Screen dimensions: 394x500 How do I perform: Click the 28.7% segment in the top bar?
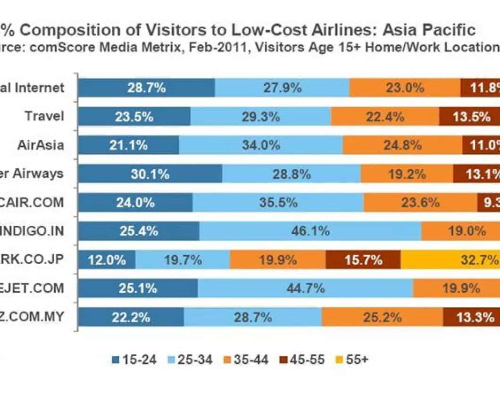[x=146, y=88]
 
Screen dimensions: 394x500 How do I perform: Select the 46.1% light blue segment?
[x=310, y=231]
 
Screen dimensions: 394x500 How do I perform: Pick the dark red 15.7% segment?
[x=363, y=260]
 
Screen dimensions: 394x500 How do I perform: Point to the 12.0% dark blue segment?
[x=107, y=260]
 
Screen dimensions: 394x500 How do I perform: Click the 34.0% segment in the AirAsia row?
[x=261, y=145]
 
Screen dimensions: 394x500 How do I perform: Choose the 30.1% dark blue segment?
[x=150, y=174]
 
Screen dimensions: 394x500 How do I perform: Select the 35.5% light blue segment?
[x=278, y=203]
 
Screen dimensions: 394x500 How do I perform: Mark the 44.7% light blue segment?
[x=305, y=288]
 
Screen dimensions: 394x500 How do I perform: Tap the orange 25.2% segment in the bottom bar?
[x=382, y=317]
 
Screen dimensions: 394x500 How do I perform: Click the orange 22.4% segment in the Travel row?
[x=385, y=116]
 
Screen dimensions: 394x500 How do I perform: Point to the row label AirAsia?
[x=40, y=145]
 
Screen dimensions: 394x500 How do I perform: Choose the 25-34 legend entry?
[x=186, y=360]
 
